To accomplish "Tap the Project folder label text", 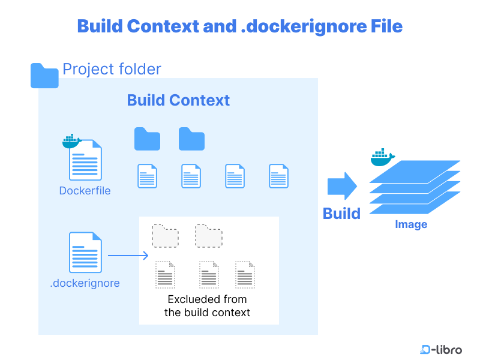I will [112, 69].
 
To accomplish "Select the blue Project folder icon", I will [44, 76].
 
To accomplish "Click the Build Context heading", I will [178, 100].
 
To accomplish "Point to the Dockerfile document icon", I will [86, 161].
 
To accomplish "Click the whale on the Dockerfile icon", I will [71, 141].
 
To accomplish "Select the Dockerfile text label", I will [85, 191].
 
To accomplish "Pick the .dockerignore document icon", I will [85, 253].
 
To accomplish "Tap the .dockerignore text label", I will [85, 283].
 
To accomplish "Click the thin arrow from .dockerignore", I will [128, 256].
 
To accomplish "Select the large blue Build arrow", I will [342, 185].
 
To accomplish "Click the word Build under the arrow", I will [341, 214].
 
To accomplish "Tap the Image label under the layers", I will [411, 224].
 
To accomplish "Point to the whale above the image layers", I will [382, 158].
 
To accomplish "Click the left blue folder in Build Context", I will [147, 139].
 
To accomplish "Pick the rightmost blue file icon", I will [278, 176].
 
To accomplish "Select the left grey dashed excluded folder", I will [165, 235].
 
